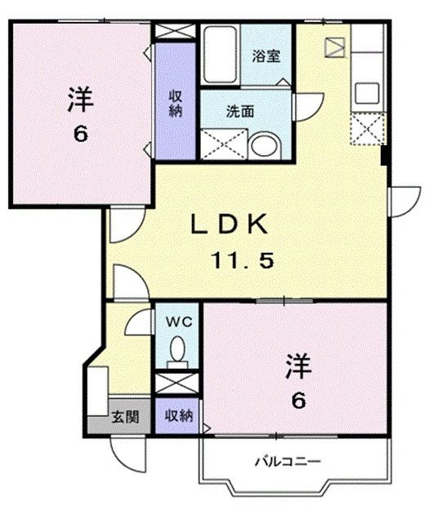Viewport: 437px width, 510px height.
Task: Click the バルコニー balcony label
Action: click(x=286, y=463)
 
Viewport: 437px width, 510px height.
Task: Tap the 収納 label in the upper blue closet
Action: click(x=176, y=104)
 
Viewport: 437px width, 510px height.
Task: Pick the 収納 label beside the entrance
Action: click(x=178, y=416)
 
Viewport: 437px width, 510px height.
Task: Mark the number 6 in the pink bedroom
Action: click(x=80, y=133)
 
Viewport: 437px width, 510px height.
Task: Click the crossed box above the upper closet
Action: click(x=176, y=32)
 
